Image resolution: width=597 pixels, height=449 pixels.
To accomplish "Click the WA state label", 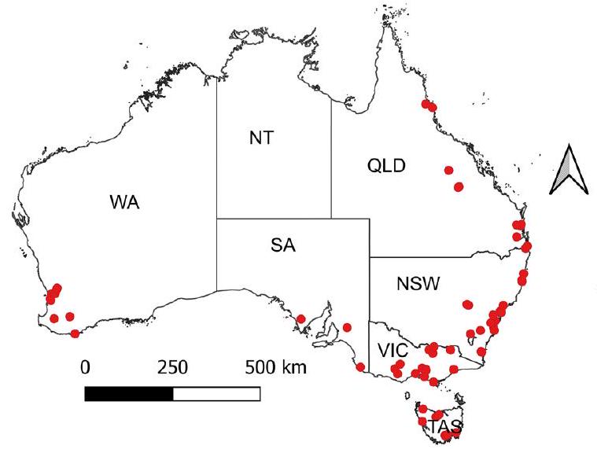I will (x=124, y=203).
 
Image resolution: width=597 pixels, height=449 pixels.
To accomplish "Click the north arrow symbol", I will (x=567, y=170).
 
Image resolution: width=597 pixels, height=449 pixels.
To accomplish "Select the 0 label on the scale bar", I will (x=87, y=367).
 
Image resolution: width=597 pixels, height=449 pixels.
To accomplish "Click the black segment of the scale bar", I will (x=128, y=393).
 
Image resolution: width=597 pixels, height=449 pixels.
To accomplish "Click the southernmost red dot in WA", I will (x=75, y=333).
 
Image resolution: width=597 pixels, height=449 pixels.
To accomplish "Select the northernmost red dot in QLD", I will (x=426, y=104).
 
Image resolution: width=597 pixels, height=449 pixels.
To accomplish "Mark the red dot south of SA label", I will (x=300, y=319).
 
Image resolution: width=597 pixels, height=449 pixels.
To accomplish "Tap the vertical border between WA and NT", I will (x=217, y=157).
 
